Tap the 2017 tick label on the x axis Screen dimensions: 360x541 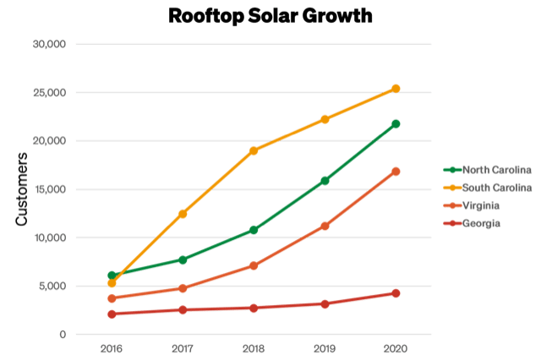coord(183,347)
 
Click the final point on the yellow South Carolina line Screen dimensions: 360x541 coord(396,88)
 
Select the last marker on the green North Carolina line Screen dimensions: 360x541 coord(396,124)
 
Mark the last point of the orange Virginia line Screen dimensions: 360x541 coord(396,172)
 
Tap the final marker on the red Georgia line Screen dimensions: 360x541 coord(396,293)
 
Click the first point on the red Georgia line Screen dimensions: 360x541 coord(112,314)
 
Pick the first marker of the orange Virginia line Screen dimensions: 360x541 coord(112,298)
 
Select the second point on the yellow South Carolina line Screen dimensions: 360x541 coord(183,214)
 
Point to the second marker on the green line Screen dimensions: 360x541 coord(183,259)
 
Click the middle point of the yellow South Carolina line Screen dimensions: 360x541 coord(254,150)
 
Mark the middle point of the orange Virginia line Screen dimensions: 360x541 coord(254,266)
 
